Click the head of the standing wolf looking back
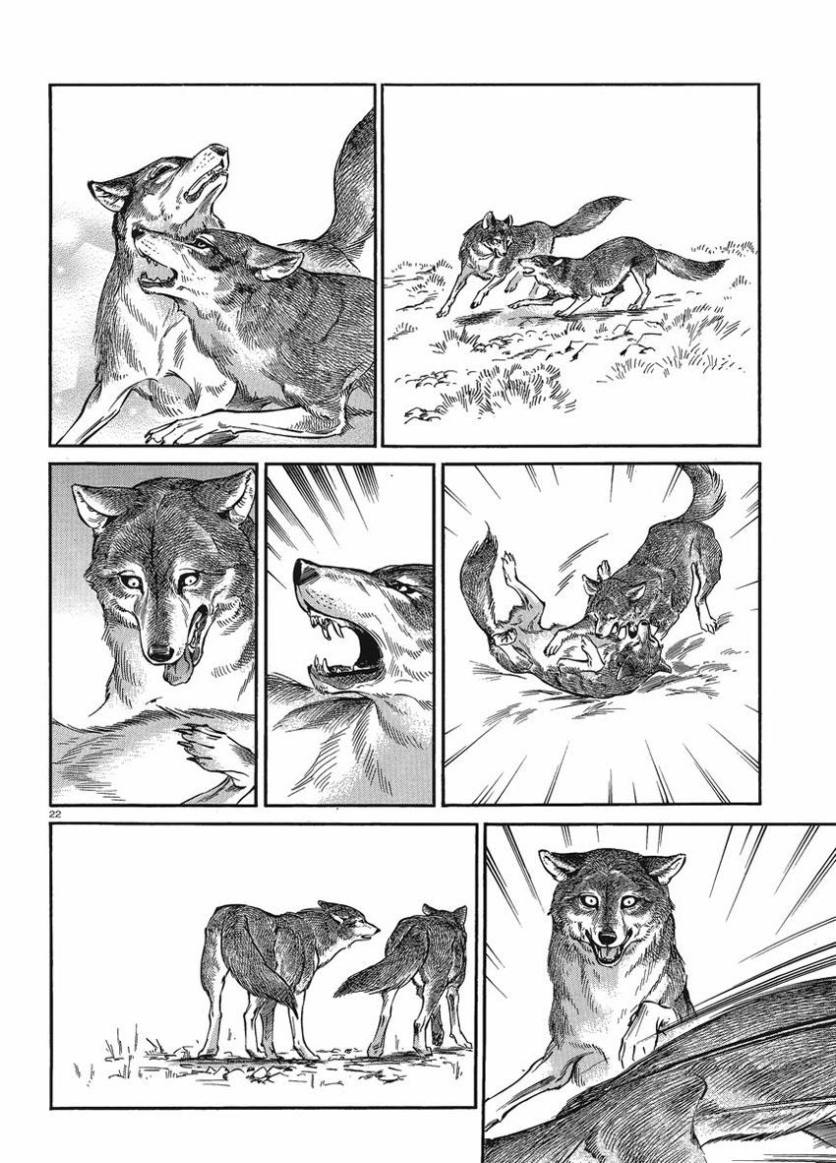click(x=349, y=923)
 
